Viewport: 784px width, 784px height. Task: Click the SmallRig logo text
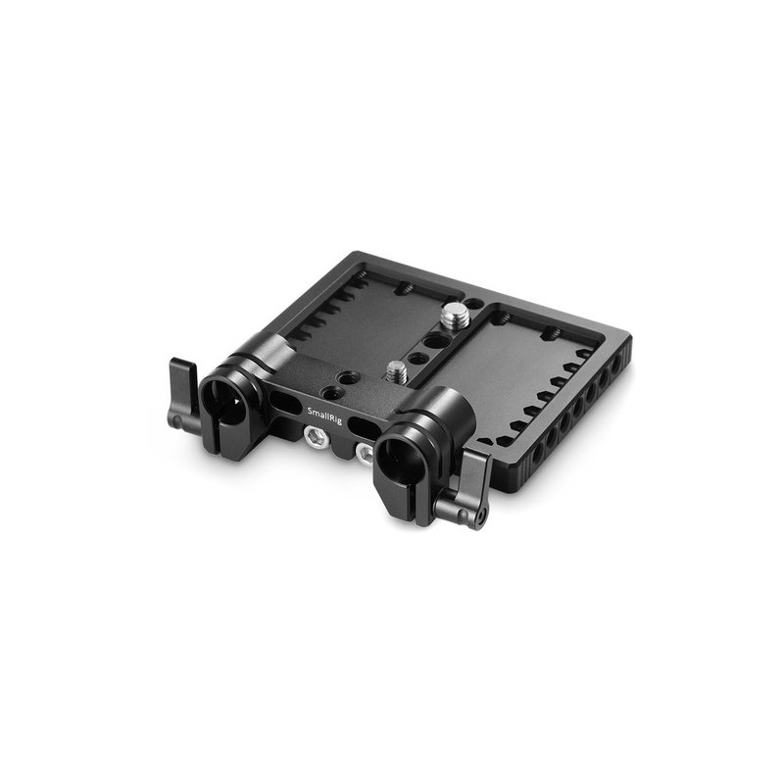pos(325,415)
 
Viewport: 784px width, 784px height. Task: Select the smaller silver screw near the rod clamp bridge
pos(396,371)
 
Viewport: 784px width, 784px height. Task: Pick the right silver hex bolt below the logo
pos(365,454)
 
